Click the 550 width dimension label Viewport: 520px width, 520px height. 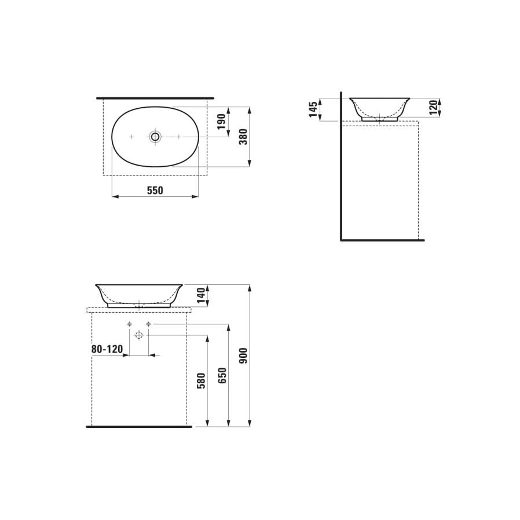pos(155,190)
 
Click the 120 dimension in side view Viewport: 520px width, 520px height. pos(433,107)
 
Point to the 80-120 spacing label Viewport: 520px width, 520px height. pos(107,349)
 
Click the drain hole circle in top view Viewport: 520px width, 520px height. pos(155,137)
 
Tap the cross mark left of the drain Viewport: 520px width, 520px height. pos(131,137)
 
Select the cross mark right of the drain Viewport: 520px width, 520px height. pos(179,137)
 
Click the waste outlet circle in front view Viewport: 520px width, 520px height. pos(139,335)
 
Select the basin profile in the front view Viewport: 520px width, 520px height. pos(139,294)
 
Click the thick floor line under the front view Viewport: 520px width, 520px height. pos(139,426)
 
